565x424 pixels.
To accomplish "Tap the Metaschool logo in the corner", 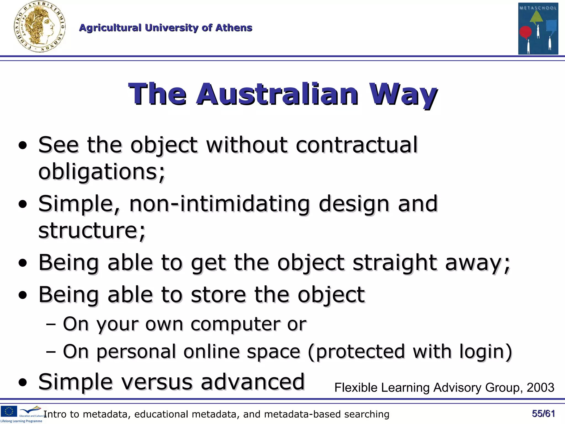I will tap(538, 28).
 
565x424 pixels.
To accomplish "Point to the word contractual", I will tap(356, 145).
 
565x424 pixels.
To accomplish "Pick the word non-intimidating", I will tap(219, 204).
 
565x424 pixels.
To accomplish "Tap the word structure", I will tap(91, 230).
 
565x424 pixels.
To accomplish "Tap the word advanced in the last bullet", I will tap(252, 382).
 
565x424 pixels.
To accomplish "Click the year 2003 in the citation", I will tap(540, 388).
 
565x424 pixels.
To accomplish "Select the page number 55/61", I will tap(543, 414).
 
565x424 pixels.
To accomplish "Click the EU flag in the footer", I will tap(9, 411).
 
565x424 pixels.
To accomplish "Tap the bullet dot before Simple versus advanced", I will tap(23, 383).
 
